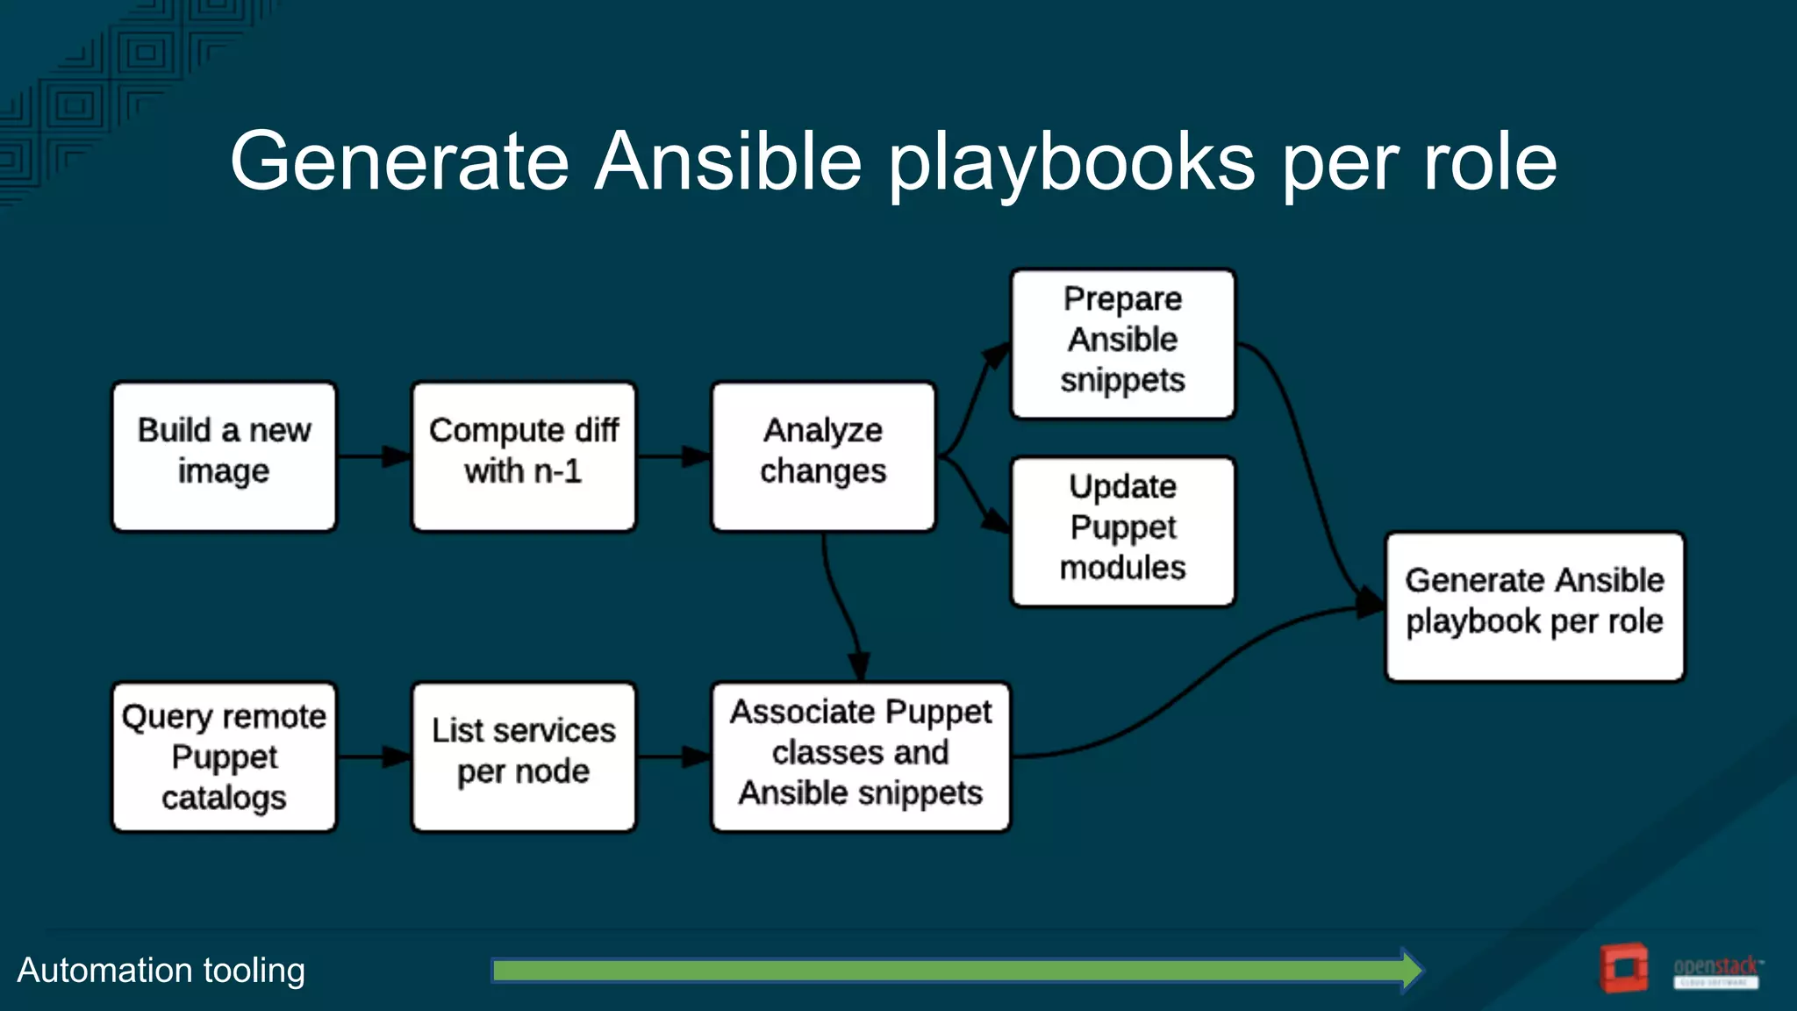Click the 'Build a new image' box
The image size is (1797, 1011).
[x=224, y=456]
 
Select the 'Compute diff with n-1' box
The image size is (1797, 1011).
[x=524, y=456]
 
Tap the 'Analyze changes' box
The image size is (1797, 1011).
[x=823, y=456]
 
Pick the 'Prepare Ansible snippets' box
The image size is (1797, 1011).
[x=1122, y=343]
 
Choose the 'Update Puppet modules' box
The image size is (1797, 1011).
[x=1122, y=531]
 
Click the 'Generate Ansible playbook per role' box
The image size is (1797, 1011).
[x=1534, y=606]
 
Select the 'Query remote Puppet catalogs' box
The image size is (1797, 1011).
[x=224, y=756]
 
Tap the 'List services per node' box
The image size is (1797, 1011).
[x=524, y=756]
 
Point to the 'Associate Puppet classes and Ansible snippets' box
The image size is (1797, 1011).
[x=860, y=756]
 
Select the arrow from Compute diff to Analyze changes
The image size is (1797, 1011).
[x=673, y=456]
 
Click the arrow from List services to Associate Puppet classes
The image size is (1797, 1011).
[x=673, y=756]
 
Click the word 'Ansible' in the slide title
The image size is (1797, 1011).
[x=728, y=161]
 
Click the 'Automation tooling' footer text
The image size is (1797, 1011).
[x=161, y=971]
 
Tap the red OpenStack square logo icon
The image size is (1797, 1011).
[x=1623, y=968]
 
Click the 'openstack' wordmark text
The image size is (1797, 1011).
[x=1715, y=966]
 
